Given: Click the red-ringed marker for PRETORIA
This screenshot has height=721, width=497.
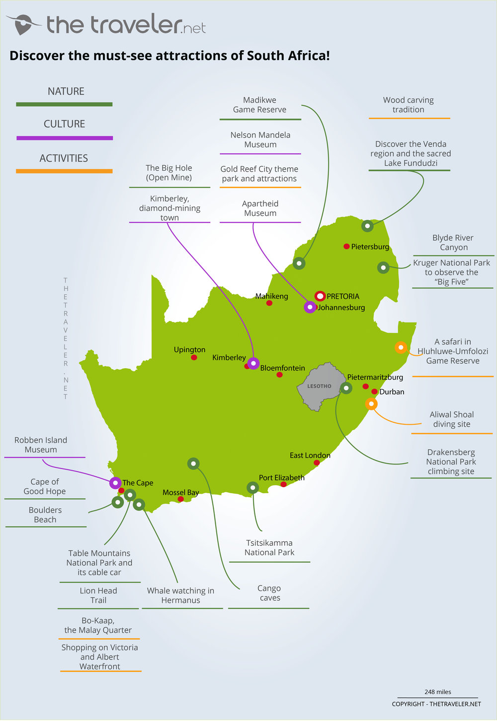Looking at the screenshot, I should (320, 296).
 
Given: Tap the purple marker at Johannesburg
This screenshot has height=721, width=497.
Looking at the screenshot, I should (310, 307).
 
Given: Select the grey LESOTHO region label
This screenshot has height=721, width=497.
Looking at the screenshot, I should (319, 386).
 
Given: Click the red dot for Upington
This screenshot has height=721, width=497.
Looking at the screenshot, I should (194, 357).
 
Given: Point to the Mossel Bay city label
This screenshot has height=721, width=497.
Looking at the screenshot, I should (180, 493).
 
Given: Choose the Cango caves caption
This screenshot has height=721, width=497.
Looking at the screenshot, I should (269, 593).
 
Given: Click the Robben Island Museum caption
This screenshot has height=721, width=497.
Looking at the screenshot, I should (41, 445).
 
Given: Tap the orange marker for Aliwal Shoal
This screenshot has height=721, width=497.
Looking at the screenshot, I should (371, 404).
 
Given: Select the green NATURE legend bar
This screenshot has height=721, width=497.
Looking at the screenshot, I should (64, 104).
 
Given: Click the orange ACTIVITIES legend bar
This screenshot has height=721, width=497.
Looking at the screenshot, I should (64, 171).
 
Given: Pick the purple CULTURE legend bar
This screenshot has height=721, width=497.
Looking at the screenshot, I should (64, 138).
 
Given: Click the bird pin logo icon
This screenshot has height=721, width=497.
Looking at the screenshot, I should (23, 24).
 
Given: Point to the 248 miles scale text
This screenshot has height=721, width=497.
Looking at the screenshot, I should (438, 692).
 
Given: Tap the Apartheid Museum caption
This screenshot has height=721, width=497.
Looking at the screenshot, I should (260, 208).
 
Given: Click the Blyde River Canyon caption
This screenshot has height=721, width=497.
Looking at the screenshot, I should (453, 243).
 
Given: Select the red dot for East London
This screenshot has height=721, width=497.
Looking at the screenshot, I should (317, 463).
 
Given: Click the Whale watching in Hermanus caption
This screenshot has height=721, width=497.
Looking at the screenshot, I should (180, 595).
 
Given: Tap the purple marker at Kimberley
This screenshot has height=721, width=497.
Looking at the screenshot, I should (253, 363).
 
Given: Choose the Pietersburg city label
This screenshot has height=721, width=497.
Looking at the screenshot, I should (370, 247).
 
